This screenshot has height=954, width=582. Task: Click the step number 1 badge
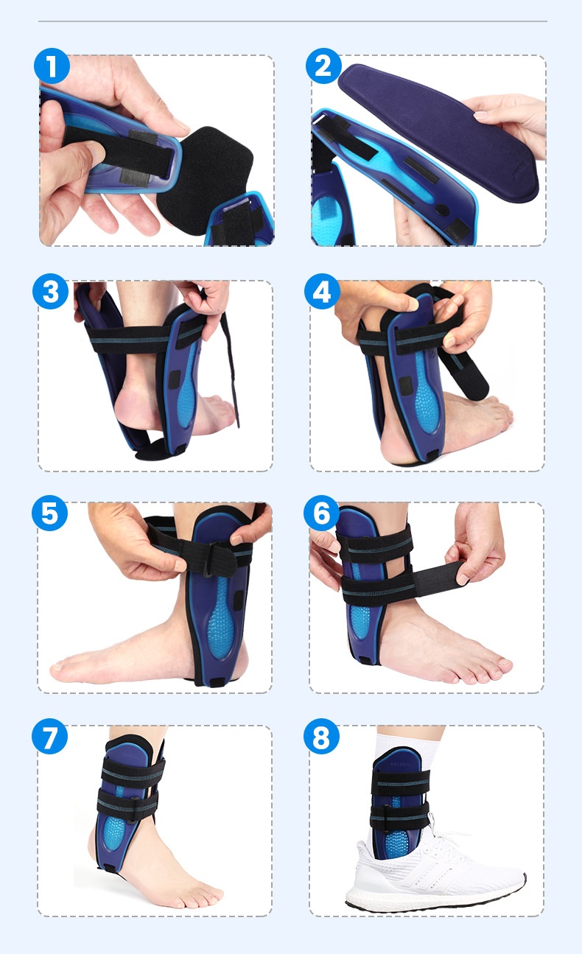coord(52,66)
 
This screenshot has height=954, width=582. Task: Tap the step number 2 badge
coord(323,66)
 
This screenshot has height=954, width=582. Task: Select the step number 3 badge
coord(50,291)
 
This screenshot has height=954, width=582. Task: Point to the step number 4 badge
coord(322,291)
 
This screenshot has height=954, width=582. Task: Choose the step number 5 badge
coord(49,513)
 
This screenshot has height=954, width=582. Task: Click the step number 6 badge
coord(321,513)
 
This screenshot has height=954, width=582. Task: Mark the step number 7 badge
coord(49,737)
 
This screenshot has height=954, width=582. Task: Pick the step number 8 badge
coord(321,737)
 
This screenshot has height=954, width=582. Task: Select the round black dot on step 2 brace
coord(442,210)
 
